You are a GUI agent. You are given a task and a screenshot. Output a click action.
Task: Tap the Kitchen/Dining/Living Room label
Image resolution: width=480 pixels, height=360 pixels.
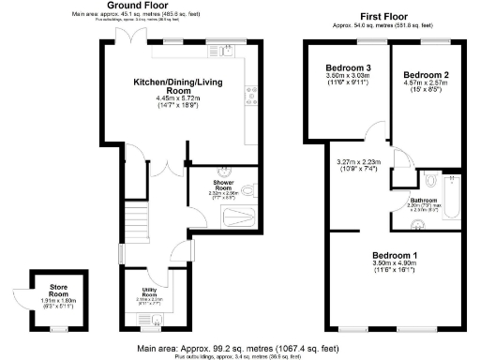(x=186, y=85)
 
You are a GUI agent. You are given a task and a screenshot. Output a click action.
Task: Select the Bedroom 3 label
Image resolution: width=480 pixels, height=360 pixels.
(x=348, y=68)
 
